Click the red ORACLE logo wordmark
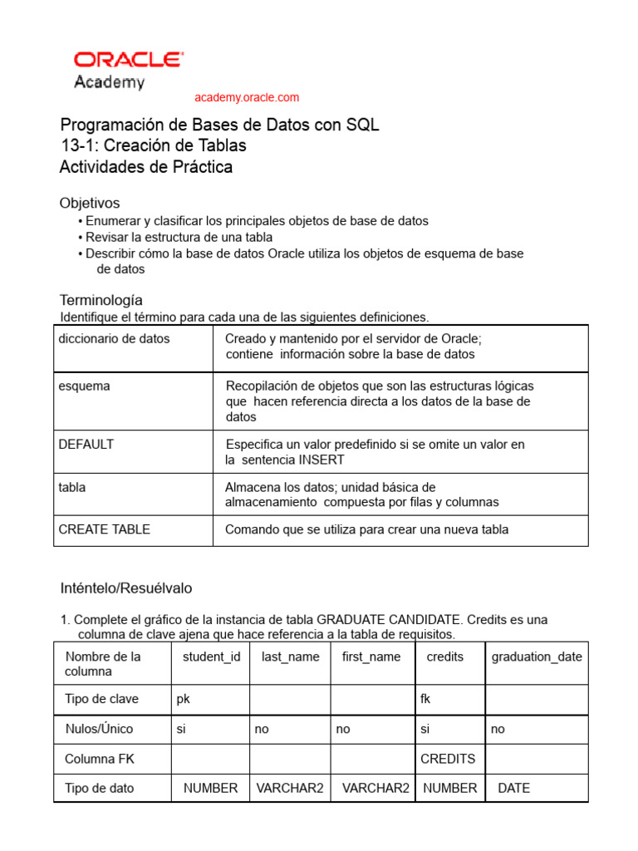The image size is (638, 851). (x=129, y=60)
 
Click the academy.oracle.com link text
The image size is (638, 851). (x=247, y=97)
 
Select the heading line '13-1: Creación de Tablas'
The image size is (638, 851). (x=153, y=145)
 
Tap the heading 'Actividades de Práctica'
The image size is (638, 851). (x=145, y=167)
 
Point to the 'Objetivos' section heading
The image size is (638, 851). (x=90, y=203)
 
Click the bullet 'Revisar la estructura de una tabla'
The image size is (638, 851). (x=179, y=237)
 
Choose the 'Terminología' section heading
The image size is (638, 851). (x=101, y=299)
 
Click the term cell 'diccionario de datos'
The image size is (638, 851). (x=114, y=338)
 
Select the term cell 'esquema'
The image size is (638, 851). (x=84, y=386)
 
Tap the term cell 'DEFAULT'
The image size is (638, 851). (x=86, y=444)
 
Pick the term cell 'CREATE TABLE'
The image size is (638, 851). (x=105, y=529)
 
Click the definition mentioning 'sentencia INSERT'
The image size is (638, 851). (x=375, y=452)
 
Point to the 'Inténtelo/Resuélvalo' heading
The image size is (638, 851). (x=125, y=588)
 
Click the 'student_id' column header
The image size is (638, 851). (x=211, y=656)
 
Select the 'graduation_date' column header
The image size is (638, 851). (x=537, y=656)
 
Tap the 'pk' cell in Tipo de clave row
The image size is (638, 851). (x=184, y=699)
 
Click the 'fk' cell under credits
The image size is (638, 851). (x=426, y=699)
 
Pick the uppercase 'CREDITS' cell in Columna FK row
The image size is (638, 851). (x=448, y=758)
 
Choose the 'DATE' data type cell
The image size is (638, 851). (x=513, y=788)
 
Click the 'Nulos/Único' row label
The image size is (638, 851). (x=99, y=729)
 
